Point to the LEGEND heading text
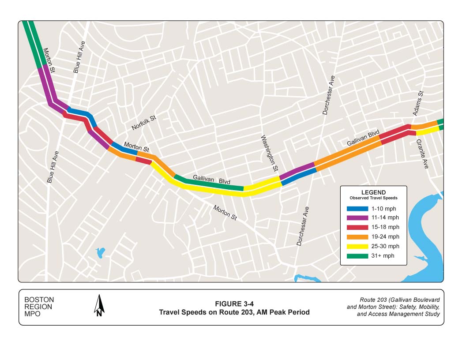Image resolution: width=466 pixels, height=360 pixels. (373, 192)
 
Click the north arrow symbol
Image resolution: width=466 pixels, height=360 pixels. (100, 306)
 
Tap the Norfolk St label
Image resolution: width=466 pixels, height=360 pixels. (144, 123)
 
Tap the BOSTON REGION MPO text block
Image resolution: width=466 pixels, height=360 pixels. (39, 307)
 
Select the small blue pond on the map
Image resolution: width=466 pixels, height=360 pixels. (101, 253)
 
